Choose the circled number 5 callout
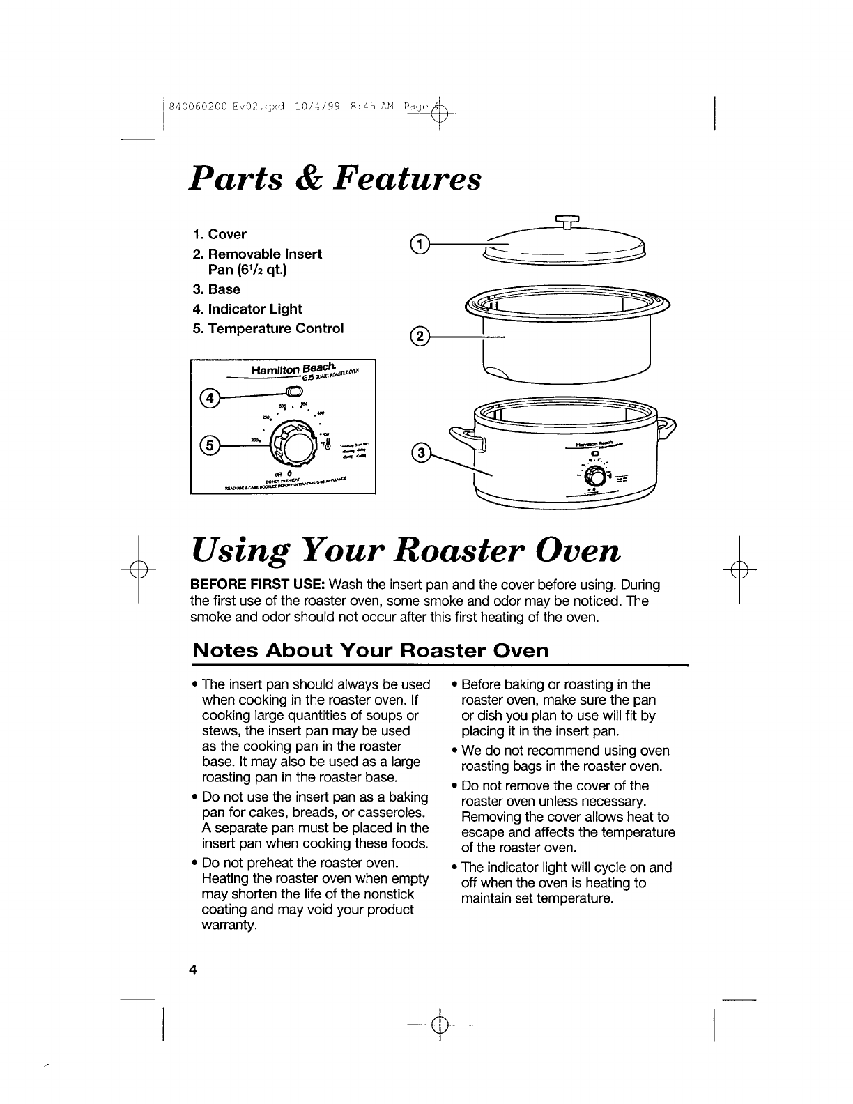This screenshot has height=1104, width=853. [x=208, y=444]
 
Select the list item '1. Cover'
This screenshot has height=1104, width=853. [x=220, y=234]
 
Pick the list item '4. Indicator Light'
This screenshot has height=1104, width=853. [x=247, y=309]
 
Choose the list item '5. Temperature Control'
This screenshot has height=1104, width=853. [x=268, y=328]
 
